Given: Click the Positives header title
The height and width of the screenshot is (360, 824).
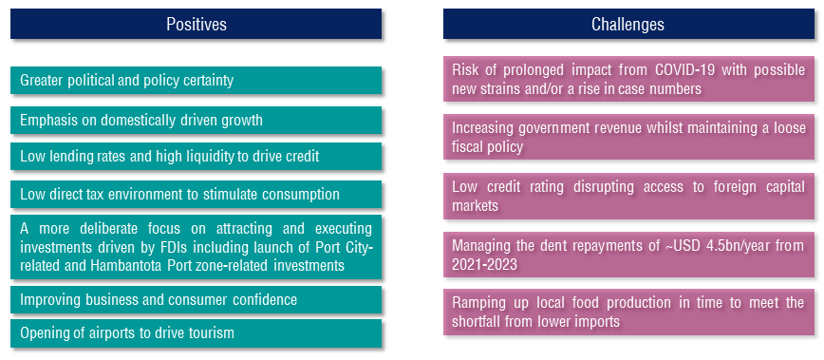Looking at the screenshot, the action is (x=197, y=24).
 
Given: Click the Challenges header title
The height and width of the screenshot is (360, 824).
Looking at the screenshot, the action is (x=627, y=24).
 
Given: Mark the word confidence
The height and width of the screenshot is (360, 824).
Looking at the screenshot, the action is (x=268, y=299).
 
